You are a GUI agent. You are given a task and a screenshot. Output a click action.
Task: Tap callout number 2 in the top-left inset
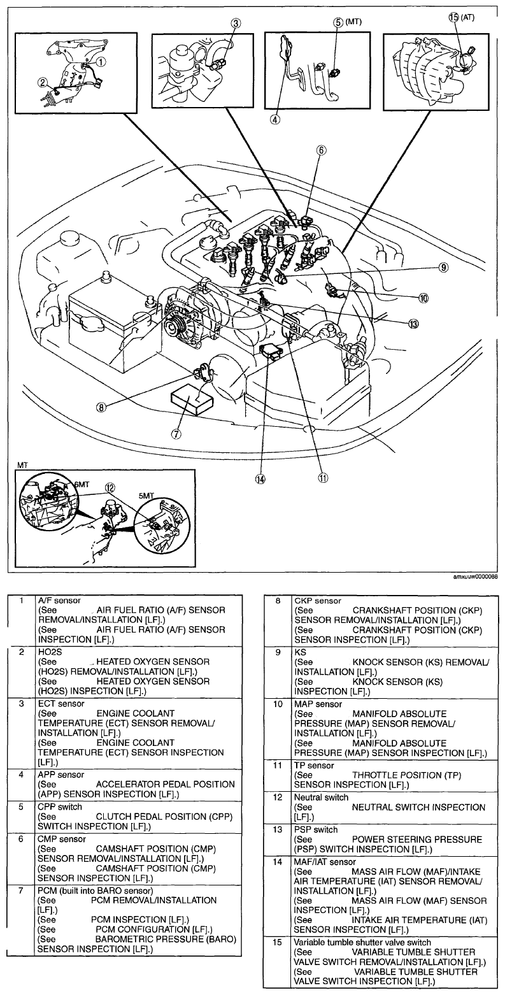(42, 82)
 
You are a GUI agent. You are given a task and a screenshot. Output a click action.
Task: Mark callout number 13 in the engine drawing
(414, 324)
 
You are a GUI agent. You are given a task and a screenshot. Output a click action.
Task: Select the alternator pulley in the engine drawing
(174, 327)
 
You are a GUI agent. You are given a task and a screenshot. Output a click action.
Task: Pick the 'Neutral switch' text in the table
(321, 797)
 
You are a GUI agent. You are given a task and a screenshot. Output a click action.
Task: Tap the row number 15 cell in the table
(276, 941)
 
